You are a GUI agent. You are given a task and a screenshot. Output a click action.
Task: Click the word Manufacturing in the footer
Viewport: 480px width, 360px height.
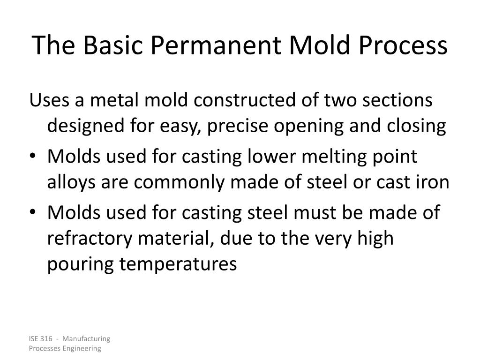coord(86,338)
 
